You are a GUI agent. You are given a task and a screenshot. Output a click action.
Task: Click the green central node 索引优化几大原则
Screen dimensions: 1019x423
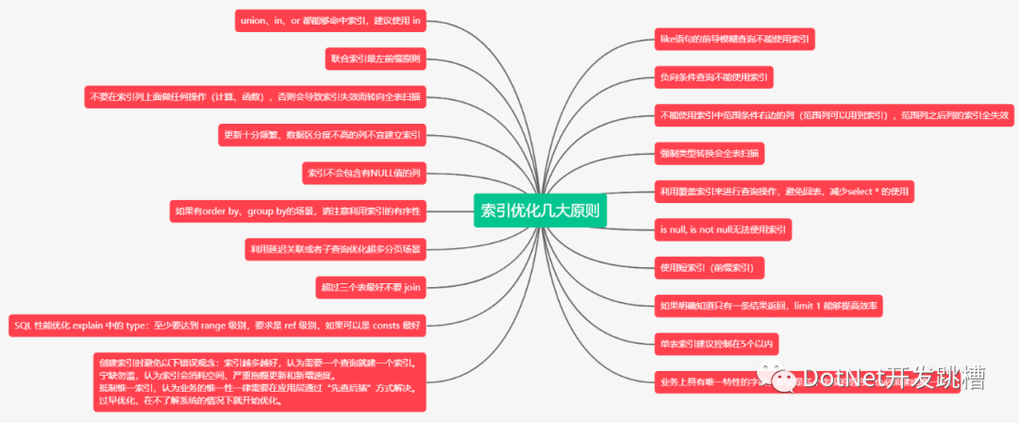(x=540, y=211)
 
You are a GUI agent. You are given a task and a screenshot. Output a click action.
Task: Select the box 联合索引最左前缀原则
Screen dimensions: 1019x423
(x=375, y=59)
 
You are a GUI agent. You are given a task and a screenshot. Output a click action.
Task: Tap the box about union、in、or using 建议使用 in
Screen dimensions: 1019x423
(x=329, y=20)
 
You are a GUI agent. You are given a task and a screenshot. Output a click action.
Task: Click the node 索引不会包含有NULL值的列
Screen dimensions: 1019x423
(x=363, y=173)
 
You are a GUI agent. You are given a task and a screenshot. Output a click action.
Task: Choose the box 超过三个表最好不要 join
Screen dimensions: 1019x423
(x=371, y=287)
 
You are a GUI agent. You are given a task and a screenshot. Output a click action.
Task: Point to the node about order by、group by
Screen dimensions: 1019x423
(x=298, y=211)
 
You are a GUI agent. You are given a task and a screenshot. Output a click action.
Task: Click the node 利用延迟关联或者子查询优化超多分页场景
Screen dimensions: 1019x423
(x=334, y=249)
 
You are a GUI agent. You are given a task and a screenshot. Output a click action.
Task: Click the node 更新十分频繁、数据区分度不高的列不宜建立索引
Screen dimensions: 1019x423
(x=322, y=134)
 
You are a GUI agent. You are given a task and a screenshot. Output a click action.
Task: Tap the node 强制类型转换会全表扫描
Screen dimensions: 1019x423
(x=710, y=152)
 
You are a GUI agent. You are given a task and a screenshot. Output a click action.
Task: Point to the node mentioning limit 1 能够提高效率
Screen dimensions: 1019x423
(x=770, y=305)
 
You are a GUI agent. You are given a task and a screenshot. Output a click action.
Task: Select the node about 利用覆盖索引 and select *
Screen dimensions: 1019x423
(x=784, y=191)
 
